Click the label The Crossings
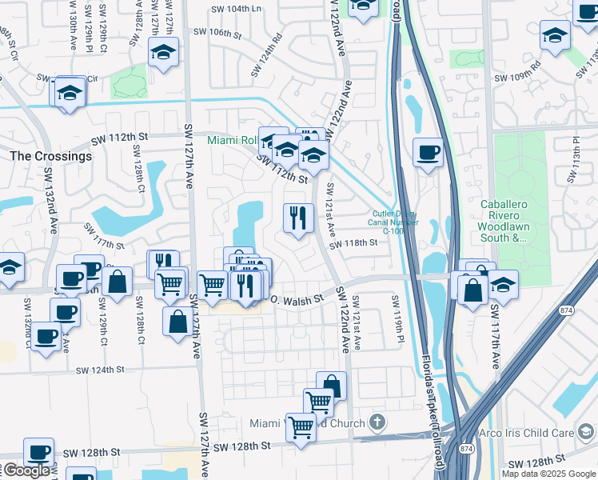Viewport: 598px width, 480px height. pos(51,156)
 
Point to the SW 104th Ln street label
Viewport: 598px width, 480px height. pos(237,9)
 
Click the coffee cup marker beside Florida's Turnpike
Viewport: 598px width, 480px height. pos(429,152)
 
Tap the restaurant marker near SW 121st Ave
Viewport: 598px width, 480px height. pos(297,217)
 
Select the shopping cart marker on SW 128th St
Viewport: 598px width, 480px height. pos(301,428)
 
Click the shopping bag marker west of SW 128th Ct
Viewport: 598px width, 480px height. pos(118,282)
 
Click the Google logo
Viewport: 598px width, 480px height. pos(26,470)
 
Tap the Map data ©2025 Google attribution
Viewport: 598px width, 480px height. pos(548,474)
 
